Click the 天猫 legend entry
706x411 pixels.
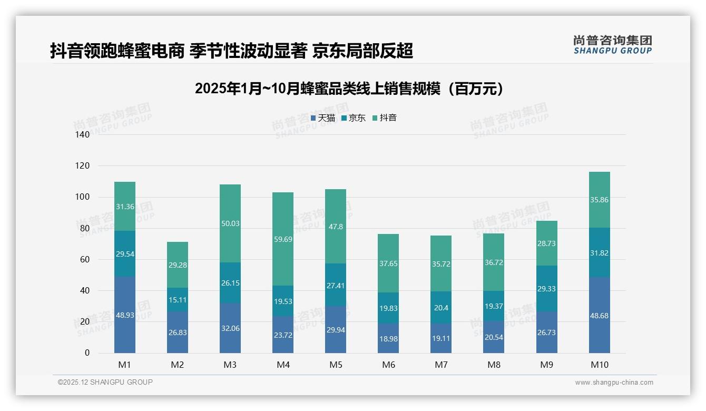(x=323, y=118)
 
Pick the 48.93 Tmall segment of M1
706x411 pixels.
(x=125, y=315)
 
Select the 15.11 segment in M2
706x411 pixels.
(x=178, y=299)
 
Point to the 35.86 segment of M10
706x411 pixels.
(x=600, y=200)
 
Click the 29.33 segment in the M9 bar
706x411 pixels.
(x=547, y=289)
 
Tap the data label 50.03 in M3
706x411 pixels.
(x=230, y=223)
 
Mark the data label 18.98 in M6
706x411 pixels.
(x=388, y=339)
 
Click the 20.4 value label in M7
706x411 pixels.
(x=441, y=308)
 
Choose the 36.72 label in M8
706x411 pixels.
(x=494, y=262)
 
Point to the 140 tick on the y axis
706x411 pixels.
(x=83, y=134)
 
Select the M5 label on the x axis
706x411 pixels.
(x=336, y=365)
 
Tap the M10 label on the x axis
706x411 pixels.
(x=600, y=365)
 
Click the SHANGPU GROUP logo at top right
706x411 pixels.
(x=612, y=45)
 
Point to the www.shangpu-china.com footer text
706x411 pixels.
(x=614, y=383)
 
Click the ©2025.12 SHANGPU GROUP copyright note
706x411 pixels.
(x=105, y=383)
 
